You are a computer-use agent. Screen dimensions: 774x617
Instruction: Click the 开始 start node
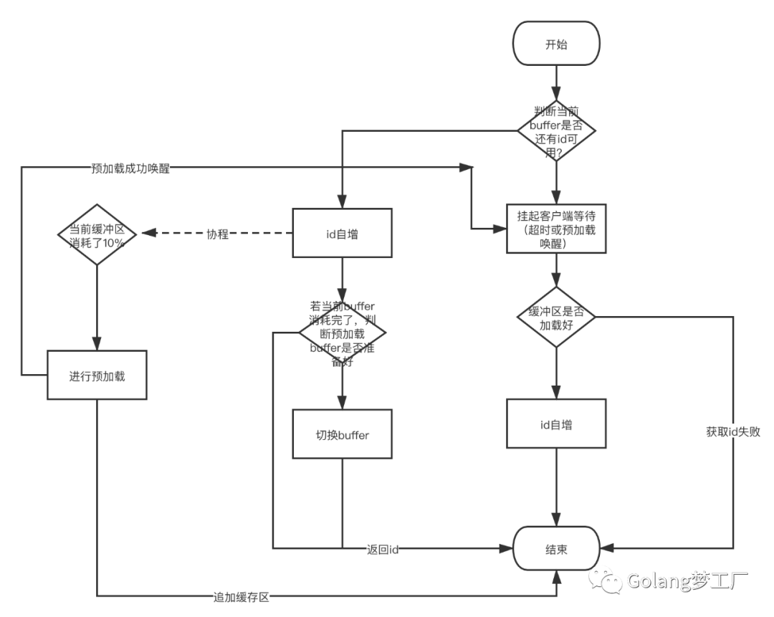556,44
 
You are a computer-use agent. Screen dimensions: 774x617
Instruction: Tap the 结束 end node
556,549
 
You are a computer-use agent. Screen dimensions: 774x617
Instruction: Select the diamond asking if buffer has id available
557,130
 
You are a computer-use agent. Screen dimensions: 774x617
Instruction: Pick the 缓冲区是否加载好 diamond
556,317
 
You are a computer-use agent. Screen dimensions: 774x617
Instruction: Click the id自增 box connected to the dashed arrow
342,233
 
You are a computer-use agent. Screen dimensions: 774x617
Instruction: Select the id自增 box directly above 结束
556,424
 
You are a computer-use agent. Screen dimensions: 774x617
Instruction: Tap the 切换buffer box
342,434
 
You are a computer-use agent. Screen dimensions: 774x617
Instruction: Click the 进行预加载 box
97,376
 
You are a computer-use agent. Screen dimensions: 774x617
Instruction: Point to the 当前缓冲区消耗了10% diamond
97,234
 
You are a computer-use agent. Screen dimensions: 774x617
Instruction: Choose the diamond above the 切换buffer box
342,333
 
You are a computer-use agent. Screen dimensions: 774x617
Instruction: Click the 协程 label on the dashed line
217,234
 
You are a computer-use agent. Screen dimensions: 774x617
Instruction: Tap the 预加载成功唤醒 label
130,168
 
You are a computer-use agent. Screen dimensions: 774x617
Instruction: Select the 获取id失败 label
733,431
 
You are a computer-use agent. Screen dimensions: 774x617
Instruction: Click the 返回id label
382,549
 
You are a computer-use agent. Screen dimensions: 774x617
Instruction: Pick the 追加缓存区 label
241,596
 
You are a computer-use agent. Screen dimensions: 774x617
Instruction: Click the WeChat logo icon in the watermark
606,580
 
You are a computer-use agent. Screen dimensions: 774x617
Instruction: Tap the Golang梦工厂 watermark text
687,580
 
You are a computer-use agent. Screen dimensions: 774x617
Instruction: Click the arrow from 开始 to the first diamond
556,85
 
